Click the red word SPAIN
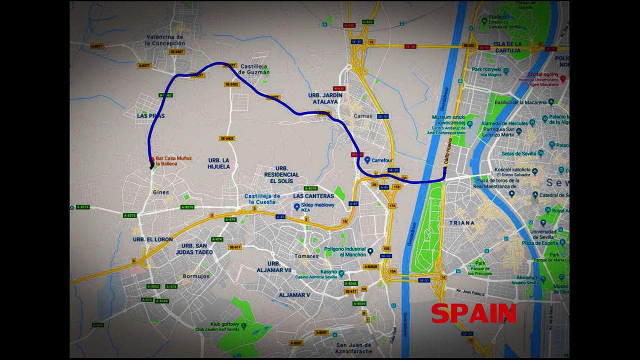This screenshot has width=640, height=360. (473, 313)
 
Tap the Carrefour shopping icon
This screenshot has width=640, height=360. (367, 160)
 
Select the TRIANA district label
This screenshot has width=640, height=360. (461, 222)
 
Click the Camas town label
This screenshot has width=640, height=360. (363, 115)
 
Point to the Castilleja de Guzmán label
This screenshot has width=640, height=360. (254, 69)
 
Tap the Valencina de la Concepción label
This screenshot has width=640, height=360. (165, 40)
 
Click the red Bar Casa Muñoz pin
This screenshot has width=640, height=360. (152, 160)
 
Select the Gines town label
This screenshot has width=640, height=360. (160, 192)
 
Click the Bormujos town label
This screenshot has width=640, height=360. (196, 276)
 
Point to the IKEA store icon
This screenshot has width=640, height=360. (296, 206)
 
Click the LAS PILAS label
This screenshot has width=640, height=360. (150, 115)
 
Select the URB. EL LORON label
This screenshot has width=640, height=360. (152, 239)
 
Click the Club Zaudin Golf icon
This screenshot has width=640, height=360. (243, 325)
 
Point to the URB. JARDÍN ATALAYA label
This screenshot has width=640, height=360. (325, 98)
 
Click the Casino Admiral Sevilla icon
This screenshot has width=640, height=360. (341, 273)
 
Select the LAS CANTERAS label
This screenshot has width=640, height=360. (313, 196)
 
